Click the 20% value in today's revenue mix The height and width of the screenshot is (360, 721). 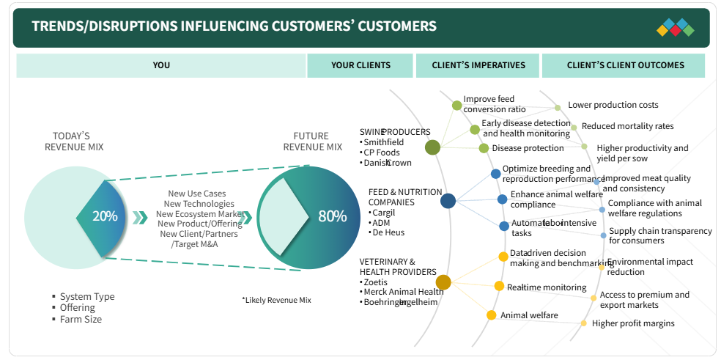pyautogui.click(x=105, y=216)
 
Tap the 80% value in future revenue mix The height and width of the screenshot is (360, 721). pyautogui.click(x=332, y=216)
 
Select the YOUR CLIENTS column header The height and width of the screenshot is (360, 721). pyautogui.click(x=360, y=65)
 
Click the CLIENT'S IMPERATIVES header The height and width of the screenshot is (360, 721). pyautogui.click(x=478, y=65)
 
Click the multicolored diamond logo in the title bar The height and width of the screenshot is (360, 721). pyautogui.click(x=675, y=28)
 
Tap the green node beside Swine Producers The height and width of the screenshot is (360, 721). pyautogui.click(x=432, y=147)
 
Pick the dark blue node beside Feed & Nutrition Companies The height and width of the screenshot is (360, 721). pyautogui.click(x=448, y=200)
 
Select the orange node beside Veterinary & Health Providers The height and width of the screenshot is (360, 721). pyautogui.click(x=443, y=282)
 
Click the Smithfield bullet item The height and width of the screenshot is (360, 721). pyautogui.click(x=383, y=142)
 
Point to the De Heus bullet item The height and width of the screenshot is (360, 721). pyautogui.click(x=389, y=232)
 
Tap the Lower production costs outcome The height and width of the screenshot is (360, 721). pyautogui.click(x=613, y=106)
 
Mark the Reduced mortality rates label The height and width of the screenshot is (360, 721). pyautogui.click(x=627, y=126)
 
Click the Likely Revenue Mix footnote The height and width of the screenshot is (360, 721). pyautogui.click(x=276, y=300)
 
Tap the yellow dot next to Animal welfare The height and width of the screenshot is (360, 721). pyautogui.click(x=492, y=315)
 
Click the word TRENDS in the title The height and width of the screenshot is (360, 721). pyautogui.click(x=58, y=26)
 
